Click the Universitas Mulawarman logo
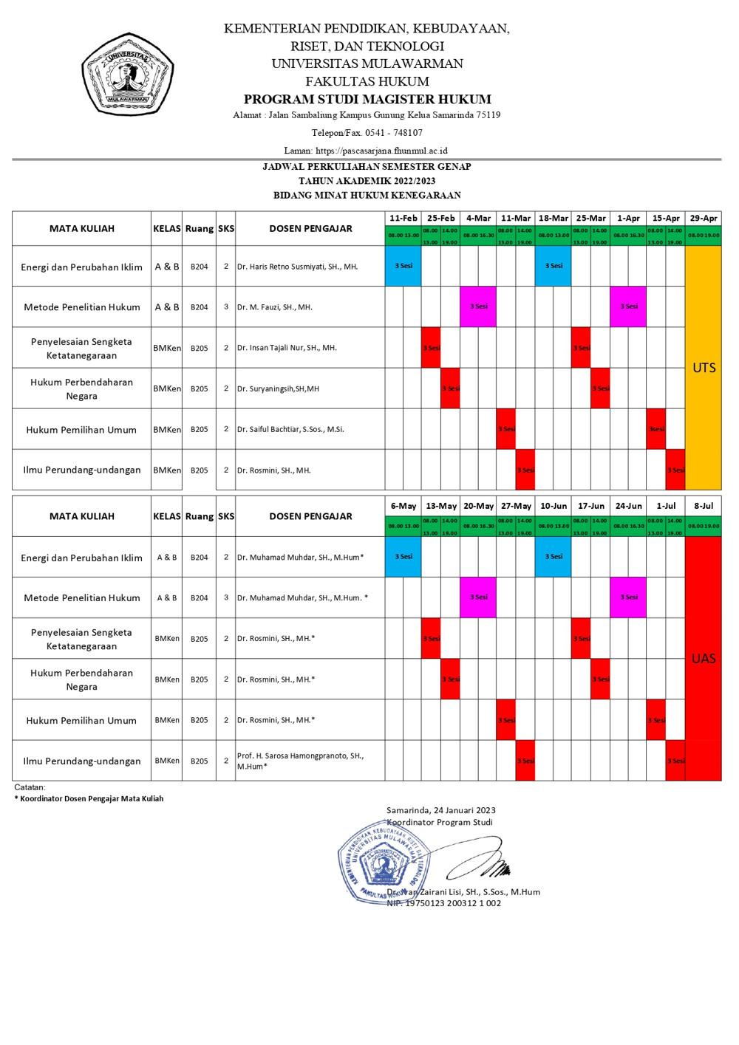pyautogui.click(x=128, y=75)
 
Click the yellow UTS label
pyautogui.click(x=704, y=368)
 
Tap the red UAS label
pyautogui.click(x=704, y=658)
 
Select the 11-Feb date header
pyautogui.click(x=403, y=218)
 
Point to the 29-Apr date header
pyautogui.click(x=704, y=218)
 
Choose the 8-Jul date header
pyautogui.click(x=704, y=506)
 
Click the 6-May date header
pyautogui.click(x=403, y=506)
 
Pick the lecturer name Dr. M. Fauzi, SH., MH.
pyautogui.click(x=275, y=307)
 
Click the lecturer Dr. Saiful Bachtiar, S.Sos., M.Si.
pyautogui.click(x=290, y=429)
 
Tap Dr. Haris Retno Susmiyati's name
pyautogui.click(x=297, y=267)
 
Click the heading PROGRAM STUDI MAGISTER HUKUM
pyautogui.click(x=367, y=99)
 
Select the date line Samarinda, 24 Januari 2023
pyautogui.click(x=440, y=810)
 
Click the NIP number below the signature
pyautogui.click(x=443, y=903)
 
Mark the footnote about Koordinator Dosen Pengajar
pyautogui.click(x=89, y=798)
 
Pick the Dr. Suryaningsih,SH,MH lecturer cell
pyautogui.click(x=278, y=388)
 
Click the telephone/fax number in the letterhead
pyautogui.click(x=367, y=133)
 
